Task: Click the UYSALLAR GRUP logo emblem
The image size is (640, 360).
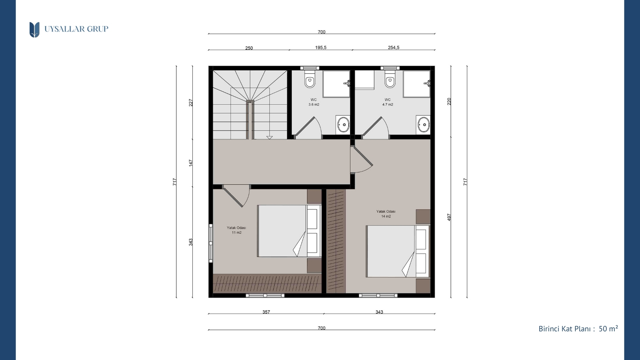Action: pyautogui.click(x=34, y=30)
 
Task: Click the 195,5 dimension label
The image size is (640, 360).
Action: pyautogui.click(x=321, y=48)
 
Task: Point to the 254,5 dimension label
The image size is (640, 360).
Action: pyautogui.click(x=393, y=48)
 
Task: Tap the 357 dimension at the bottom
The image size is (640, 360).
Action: pyautogui.click(x=266, y=312)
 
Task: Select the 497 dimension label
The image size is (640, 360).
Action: pyautogui.click(x=449, y=217)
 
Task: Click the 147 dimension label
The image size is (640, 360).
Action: pyautogui.click(x=191, y=163)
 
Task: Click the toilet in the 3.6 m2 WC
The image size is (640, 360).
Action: pyautogui.click(x=310, y=79)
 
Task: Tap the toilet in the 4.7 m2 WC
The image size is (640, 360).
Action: pyautogui.click(x=390, y=79)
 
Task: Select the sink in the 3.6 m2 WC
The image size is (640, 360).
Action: pyautogui.click(x=343, y=125)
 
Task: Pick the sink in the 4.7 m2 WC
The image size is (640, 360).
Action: pyautogui.click(x=423, y=124)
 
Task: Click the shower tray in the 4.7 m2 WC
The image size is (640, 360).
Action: pyautogui.click(x=417, y=84)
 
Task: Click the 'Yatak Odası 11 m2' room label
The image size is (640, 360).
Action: pyautogui.click(x=236, y=230)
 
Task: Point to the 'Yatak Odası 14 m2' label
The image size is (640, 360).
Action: pyautogui.click(x=386, y=214)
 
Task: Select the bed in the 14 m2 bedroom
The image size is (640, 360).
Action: pyautogui.click(x=398, y=251)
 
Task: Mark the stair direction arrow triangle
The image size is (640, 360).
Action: pyautogui.click(x=269, y=138)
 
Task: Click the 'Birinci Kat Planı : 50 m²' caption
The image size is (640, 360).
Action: pyautogui.click(x=578, y=329)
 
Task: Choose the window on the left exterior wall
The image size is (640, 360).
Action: pyautogui.click(x=211, y=243)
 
